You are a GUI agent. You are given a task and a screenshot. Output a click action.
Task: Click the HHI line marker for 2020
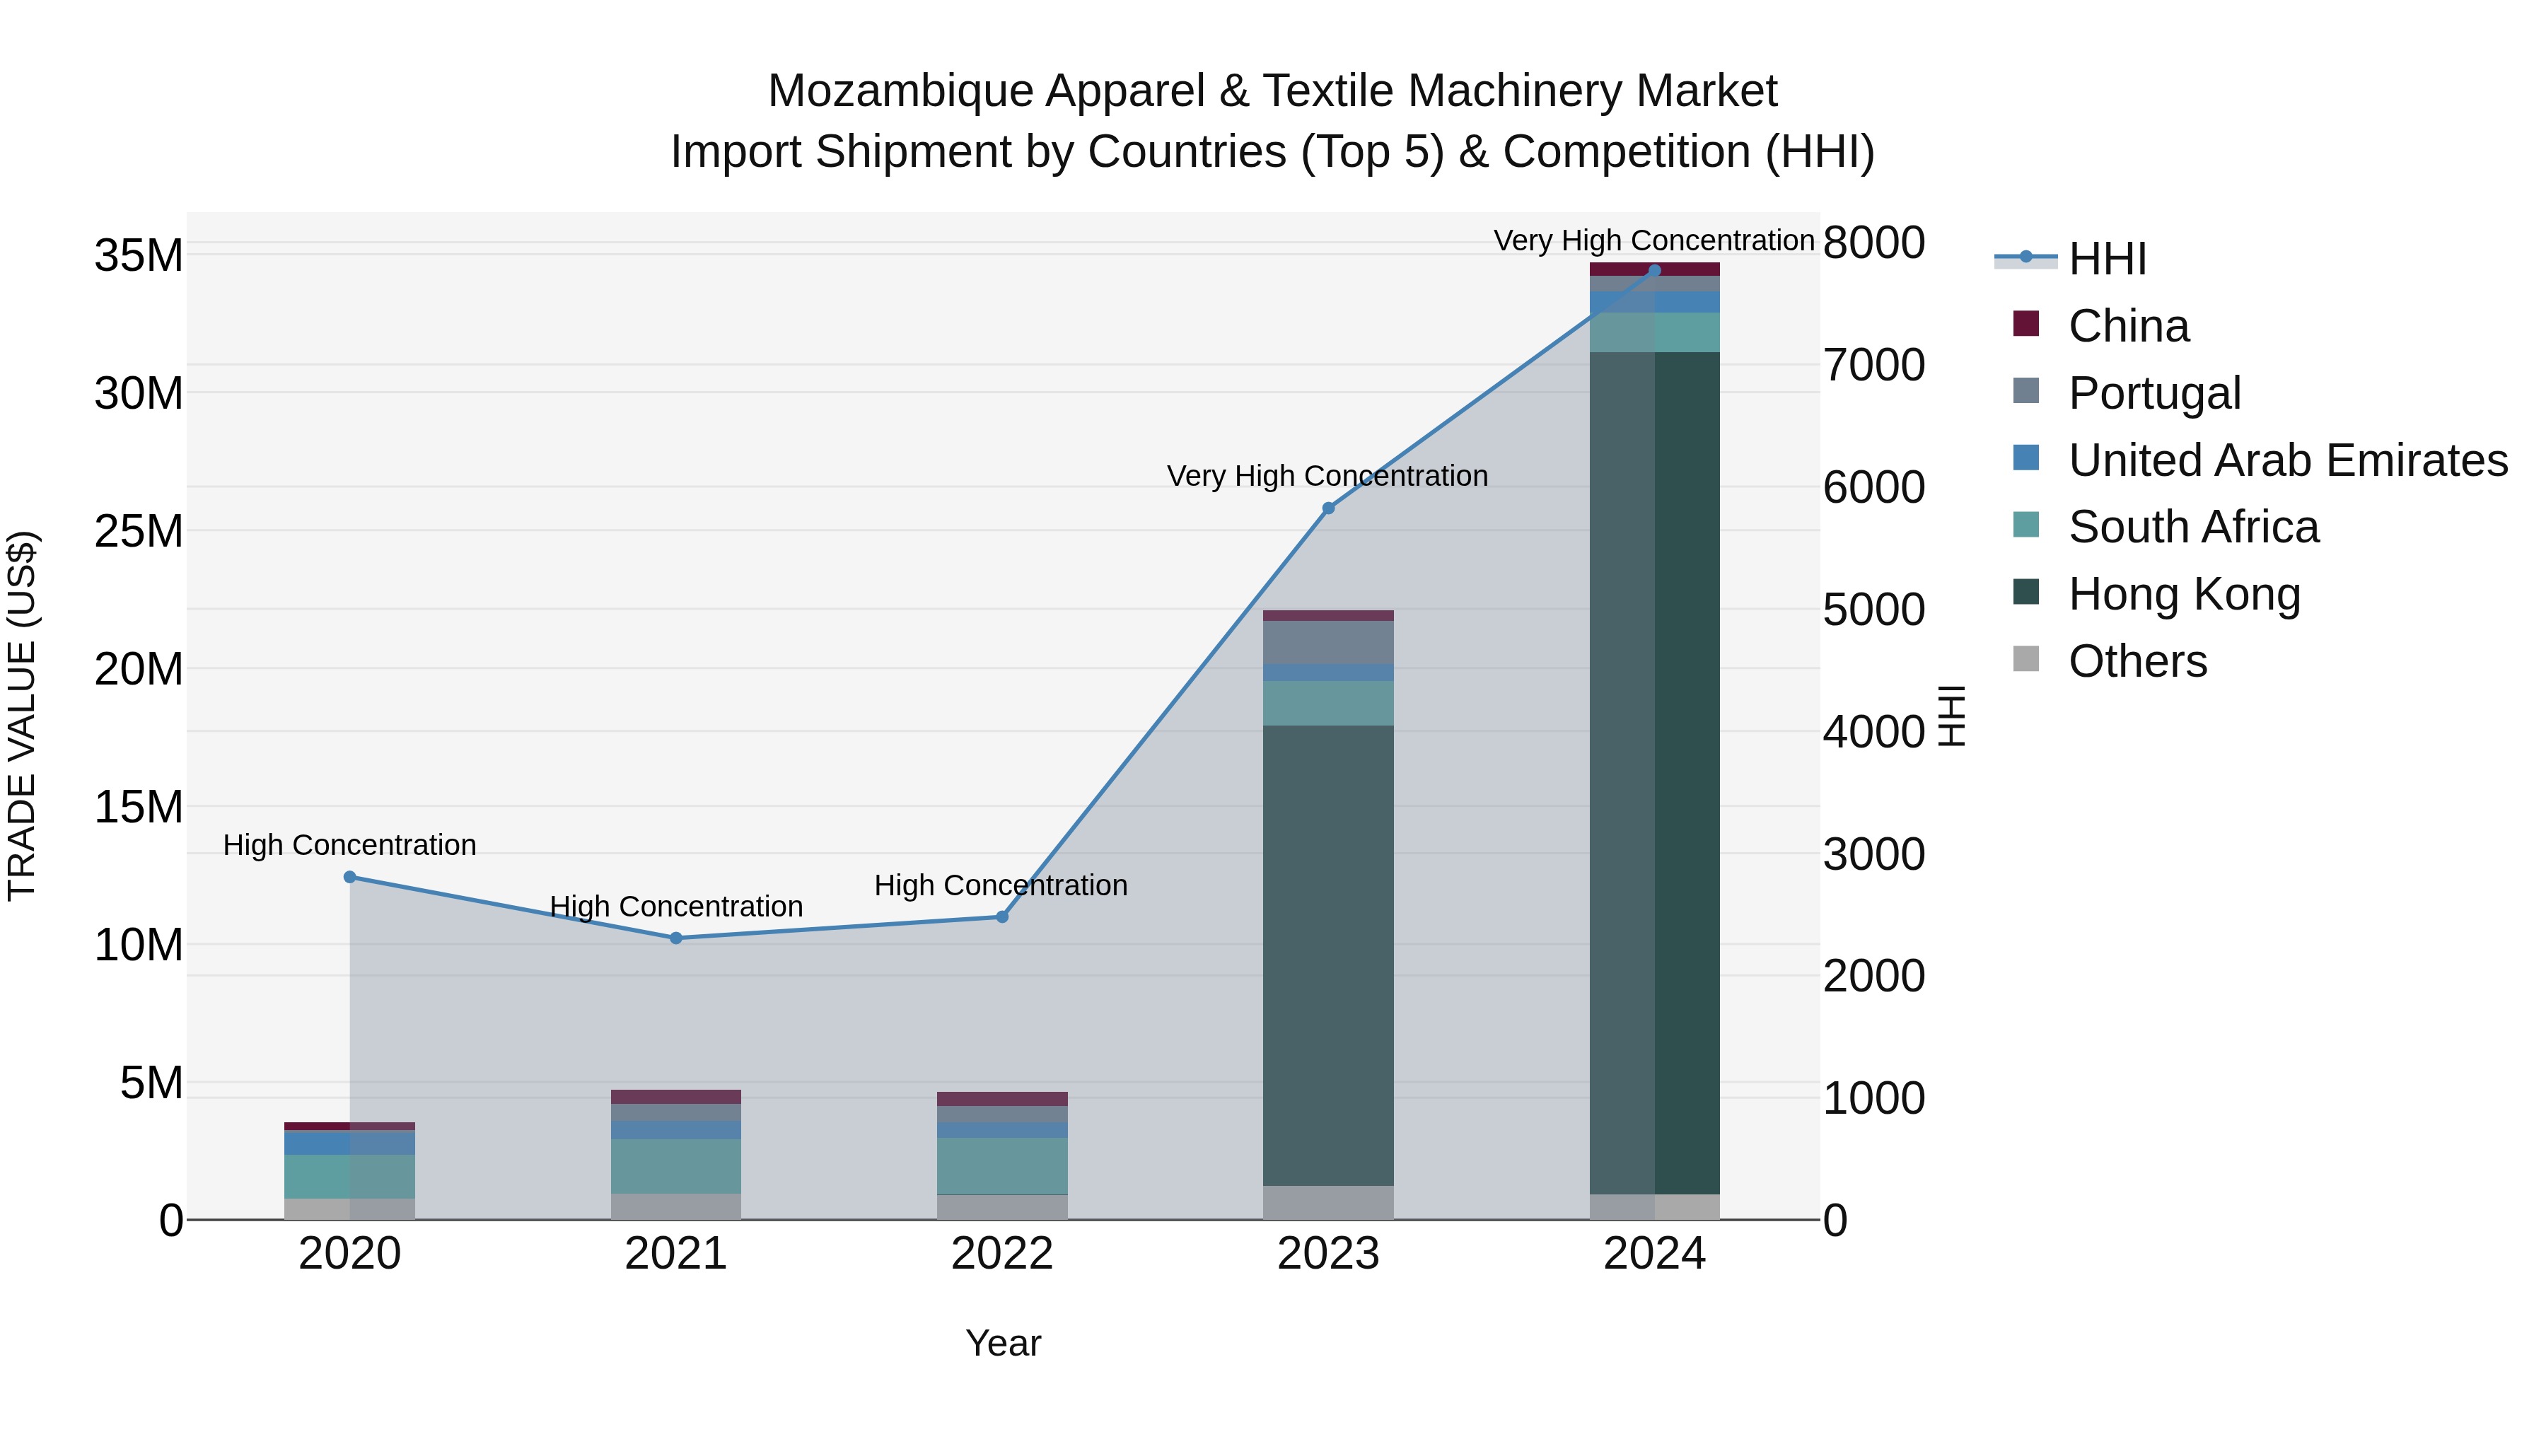(x=350, y=877)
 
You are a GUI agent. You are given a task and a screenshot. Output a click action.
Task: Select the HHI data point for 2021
(x=676, y=938)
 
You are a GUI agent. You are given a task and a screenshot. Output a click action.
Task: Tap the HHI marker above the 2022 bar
(x=1002, y=917)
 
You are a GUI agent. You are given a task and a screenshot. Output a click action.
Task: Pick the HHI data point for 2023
(x=1328, y=508)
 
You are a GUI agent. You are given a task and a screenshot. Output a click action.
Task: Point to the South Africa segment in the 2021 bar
(x=676, y=1166)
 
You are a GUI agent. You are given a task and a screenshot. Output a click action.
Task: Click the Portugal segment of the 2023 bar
(x=1328, y=642)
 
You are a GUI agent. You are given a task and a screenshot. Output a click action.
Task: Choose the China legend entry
(x=2128, y=326)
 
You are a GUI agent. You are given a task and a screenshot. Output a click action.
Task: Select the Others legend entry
(x=2137, y=661)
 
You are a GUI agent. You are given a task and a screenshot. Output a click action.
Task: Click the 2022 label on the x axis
(x=1002, y=1254)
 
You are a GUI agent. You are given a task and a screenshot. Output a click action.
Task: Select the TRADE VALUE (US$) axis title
(x=22, y=716)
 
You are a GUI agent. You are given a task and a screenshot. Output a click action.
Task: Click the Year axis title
(x=1002, y=1343)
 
